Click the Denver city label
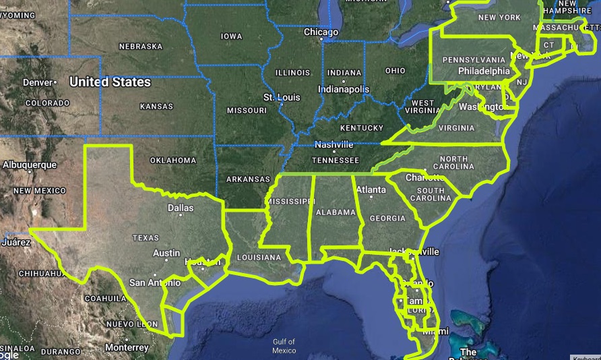pyautogui.click(x=37, y=82)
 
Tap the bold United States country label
pyautogui.click(x=110, y=82)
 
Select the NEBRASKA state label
pyautogui.click(x=141, y=47)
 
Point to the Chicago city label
pyautogui.click(x=321, y=32)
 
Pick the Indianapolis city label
pyautogui.click(x=344, y=89)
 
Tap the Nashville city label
pyautogui.click(x=334, y=145)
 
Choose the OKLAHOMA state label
pyautogui.click(x=173, y=160)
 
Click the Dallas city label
pyautogui.click(x=180, y=208)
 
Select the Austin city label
pyautogui.click(x=166, y=253)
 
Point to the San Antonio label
pyautogui.click(x=155, y=282)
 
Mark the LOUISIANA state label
pyautogui.click(x=258, y=258)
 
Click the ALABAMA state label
pyautogui.click(x=335, y=212)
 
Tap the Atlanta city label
pyautogui.click(x=371, y=190)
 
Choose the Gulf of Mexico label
pyautogui.click(x=284, y=346)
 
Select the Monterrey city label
pyautogui.click(x=127, y=347)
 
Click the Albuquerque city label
pyautogui.click(x=30, y=164)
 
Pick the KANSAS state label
pyautogui.click(x=156, y=107)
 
